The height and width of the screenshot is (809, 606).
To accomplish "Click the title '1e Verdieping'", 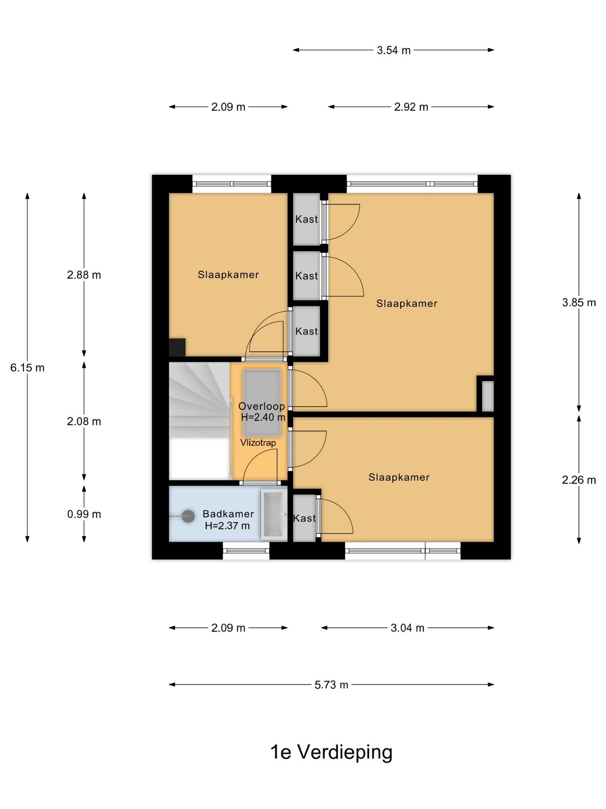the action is tap(331, 752).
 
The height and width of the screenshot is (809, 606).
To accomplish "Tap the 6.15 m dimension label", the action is tap(27, 368).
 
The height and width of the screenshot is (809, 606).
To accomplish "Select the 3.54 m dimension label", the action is tap(393, 51).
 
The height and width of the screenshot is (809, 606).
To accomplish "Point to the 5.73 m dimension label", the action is tap(331, 685).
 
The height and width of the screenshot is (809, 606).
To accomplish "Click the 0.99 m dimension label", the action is tap(84, 514).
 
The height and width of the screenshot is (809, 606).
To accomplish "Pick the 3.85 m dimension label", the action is tap(579, 303).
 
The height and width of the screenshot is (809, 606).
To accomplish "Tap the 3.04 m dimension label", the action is tap(407, 628).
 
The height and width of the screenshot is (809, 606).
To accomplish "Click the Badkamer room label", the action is tap(228, 514).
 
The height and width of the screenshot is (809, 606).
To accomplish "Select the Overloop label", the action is tap(261, 406).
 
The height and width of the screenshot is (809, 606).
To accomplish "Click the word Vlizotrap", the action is tap(258, 443).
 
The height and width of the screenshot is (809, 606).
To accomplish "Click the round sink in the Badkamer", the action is tap(188, 516).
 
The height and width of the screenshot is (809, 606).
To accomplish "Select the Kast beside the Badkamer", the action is tap(304, 518).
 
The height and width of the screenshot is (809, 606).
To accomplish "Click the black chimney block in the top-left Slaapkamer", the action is tap(177, 347).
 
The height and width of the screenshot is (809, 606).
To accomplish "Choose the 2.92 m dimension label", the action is tap(411, 107).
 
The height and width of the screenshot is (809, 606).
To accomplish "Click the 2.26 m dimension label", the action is tap(579, 480).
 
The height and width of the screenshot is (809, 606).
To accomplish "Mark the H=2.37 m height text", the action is tap(227, 526).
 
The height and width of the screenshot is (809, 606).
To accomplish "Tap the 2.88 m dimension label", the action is tap(84, 275).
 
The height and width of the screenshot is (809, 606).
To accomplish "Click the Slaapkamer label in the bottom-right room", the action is tap(399, 477).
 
